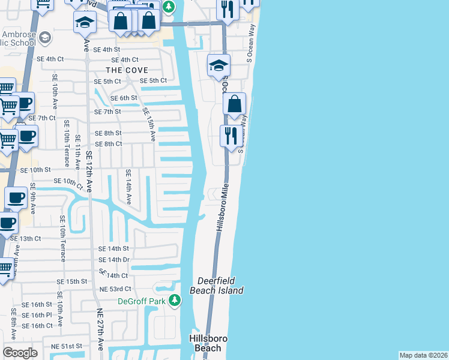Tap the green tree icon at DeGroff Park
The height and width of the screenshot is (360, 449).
click(x=174, y=300)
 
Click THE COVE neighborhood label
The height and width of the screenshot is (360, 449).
click(x=128, y=70)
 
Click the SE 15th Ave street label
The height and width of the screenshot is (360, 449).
click(x=149, y=125)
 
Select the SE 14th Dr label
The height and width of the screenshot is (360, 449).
click(x=113, y=260)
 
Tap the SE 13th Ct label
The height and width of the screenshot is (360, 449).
click(x=25, y=238)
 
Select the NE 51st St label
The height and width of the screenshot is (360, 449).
click(x=66, y=346)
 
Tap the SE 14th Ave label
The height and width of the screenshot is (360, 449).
click(x=128, y=187)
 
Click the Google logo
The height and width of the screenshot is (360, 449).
click(x=19, y=353)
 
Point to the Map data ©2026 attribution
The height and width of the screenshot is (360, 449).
click(x=423, y=355)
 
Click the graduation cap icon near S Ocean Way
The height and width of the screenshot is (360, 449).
click(x=218, y=65)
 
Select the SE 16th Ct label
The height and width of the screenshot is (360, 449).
click(x=37, y=326)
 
